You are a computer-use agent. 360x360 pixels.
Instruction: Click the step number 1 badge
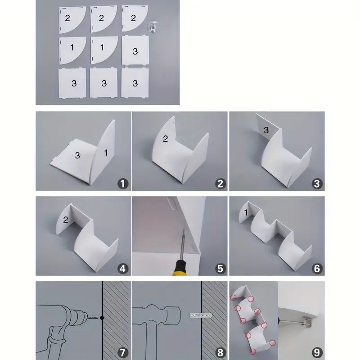[x=123, y=184]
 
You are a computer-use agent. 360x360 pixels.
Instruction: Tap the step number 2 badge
[x=220, y=184]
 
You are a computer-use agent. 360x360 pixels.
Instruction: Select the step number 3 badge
[x=317, y=184]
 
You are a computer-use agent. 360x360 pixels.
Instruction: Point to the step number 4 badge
[x=123, y=268]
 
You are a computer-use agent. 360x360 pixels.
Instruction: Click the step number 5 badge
[x=220, y=268]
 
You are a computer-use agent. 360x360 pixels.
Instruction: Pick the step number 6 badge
[x=317, y=268]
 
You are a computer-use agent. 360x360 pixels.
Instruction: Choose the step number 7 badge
[x=123, y=352]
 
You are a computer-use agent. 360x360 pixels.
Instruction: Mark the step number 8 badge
[x=220, y=352]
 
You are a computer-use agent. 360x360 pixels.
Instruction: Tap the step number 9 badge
[x=317, y=352]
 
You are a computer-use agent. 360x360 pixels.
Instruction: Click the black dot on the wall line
[x=102, y=318]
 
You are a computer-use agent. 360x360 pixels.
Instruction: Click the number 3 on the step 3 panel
[x=266, y=130]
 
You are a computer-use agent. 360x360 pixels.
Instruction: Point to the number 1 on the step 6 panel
[x=246, y=212]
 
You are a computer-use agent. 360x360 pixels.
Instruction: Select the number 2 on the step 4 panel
[x=66, y=220]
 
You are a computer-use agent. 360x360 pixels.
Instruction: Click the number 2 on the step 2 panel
[x=165, y=139]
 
